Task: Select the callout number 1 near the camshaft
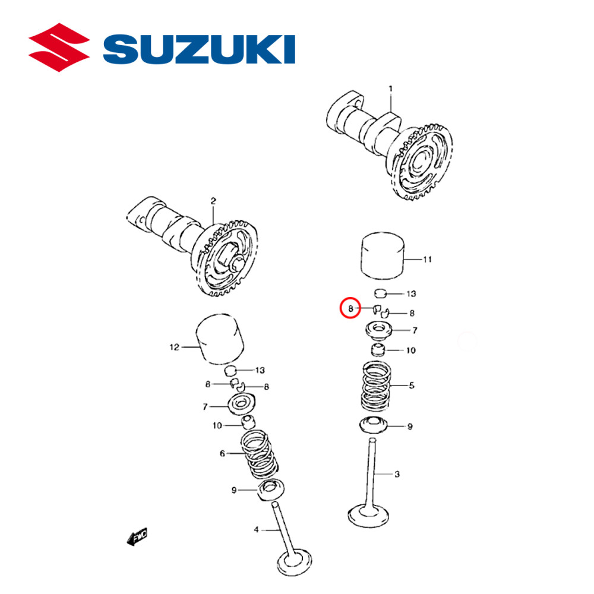click(391, 89)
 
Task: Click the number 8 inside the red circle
click(350, 308)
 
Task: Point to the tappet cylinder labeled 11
click(383, 256)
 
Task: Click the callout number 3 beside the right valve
click(397, 473)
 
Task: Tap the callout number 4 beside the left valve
click(257, 529)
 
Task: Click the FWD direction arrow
click(137, 538)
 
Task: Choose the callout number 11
click(427, 260)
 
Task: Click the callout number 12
click(174, 347)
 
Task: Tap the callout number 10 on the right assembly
click(410, 350)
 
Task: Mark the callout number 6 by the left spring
click(223, 453)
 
